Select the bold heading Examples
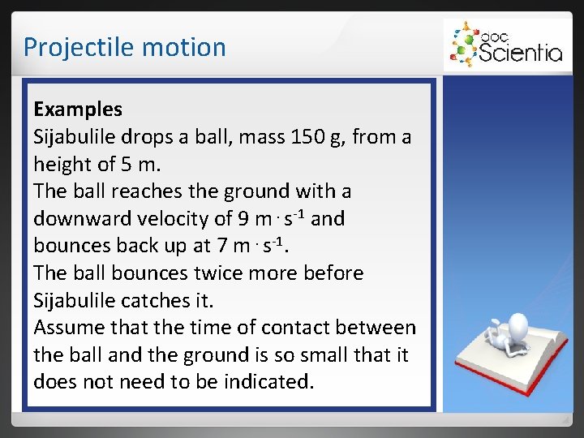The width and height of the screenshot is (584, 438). point(78,109)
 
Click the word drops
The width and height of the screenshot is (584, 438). point(154,136)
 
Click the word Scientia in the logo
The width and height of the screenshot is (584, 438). point(521,53)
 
